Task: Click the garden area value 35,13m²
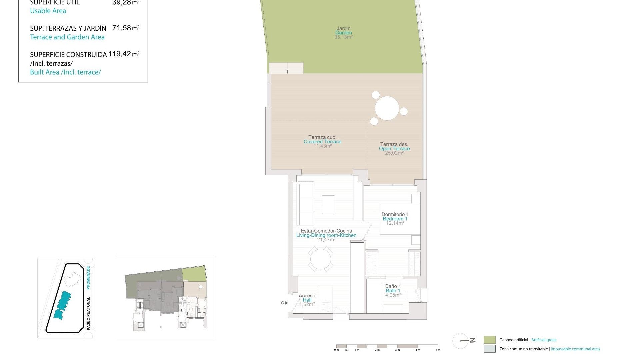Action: tap(343, 37)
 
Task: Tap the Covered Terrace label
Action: tap(322, 142)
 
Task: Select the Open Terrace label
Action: tap(394, 149)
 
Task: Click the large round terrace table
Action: tap(387, 108)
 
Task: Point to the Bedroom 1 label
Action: tap(395, 219)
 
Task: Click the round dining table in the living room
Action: tap(321, 259)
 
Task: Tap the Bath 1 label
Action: tap(393, 291)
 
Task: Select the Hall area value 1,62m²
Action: tap(307, 304)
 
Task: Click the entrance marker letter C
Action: tap(282, 303)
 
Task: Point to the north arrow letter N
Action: tap(472, 340)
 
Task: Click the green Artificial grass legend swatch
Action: tap(489, 340)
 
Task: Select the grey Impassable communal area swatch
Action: tap(489, 349)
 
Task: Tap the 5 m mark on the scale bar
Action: tap(438, 350)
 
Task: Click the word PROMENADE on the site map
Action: tap(88, 277)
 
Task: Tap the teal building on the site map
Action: tap(62, 304)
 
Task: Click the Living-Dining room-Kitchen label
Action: tap(326, 235)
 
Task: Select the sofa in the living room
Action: tap(305, 204)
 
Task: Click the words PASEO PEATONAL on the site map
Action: tap(88, 313)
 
